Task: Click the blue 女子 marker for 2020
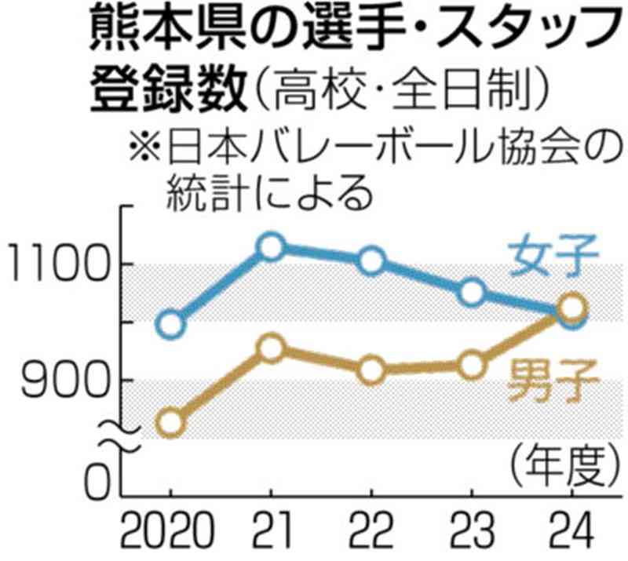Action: click(170, 323)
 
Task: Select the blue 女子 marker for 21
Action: click(271, 247)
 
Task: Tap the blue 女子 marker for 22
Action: click(372, 260)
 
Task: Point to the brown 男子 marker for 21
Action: click(271, 348)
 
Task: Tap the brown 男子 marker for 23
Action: click(471, 365)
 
